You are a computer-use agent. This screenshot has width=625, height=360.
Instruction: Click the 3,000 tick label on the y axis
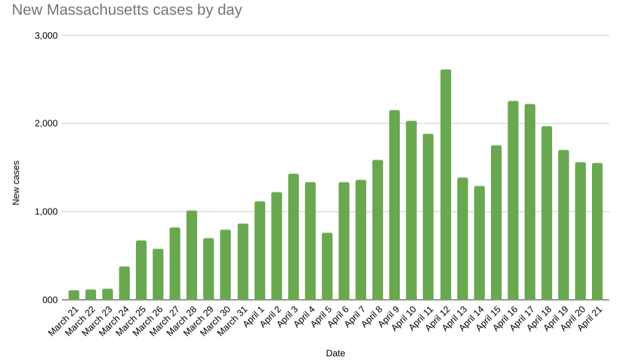click(x=47, y=36)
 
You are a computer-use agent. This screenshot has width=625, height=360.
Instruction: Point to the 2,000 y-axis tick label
click(x=47, y=124)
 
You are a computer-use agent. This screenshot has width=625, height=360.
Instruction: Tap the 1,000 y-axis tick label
click(x=47, y=212)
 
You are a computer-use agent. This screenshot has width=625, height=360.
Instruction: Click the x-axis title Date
click(x=335, y=353)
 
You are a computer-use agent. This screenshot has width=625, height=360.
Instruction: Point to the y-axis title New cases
click(x=17, y=182)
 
